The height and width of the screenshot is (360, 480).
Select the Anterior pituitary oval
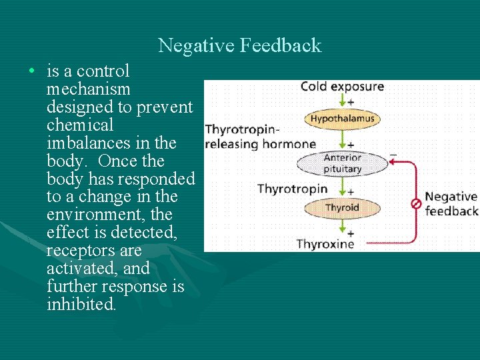pyautogui.click(x=342, y=163)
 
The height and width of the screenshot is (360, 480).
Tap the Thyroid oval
pyautogui.click(x=342, y=207)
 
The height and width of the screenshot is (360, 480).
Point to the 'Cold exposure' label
pyautogui.click(x=342, y=87)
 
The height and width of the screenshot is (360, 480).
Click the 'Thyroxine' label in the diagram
pyautogui.click(x=325, y=244)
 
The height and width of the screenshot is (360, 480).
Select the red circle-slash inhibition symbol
pyautogui.click(x=415, y=203)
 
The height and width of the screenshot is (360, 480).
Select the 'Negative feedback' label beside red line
pyautogui.click(x=451, y=204)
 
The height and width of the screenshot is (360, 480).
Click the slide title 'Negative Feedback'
pyautogui.click(x=240, y=45)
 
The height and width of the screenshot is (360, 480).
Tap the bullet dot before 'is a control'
pyautogui.click(x=31, y=71)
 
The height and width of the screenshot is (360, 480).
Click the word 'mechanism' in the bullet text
pyautogui.click(x=89, y=89)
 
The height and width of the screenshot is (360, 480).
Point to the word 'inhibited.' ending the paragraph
pyautogui.click(x=81, y=305)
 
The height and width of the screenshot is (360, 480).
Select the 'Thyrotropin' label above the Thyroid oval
pyautogui.click(x=293, y=189)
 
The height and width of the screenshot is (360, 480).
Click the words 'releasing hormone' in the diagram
pyautogui.click(x=261, y=144)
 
